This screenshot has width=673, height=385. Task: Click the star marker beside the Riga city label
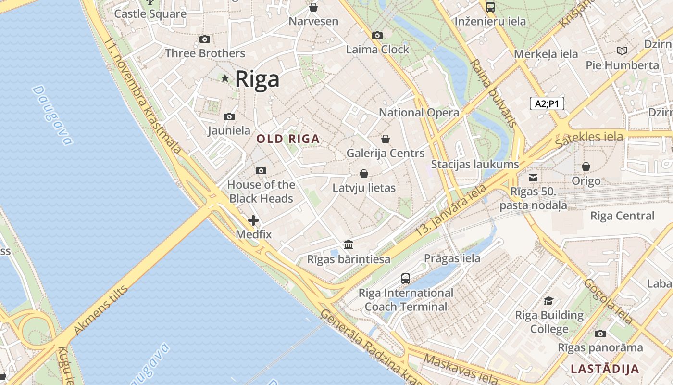(x=224, y=78)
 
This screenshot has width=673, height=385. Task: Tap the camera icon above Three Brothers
(x=205, y=39)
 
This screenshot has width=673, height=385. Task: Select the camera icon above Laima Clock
(x=377, y=35)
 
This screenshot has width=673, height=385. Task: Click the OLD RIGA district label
(x=288, y=139)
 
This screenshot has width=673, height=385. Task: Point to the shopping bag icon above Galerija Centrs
(x=386, y=139)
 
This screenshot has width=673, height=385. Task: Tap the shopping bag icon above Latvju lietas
(x=364, y=174)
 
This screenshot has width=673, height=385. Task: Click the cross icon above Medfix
(x=253, y=220)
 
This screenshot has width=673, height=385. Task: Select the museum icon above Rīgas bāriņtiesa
(x=349, y=245)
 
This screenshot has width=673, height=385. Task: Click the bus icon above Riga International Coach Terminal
(x=406, y=278)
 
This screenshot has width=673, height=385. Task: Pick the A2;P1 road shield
(x=547, y=103)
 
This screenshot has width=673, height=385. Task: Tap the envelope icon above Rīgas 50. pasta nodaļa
(x=533, y=178)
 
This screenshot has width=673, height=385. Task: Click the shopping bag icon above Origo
(x=586, y=167)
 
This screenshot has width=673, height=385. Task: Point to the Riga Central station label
(x=622, y=216)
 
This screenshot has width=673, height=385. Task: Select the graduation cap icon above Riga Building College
(x=548, y=301)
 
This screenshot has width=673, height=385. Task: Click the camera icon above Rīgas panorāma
(x=600, y=334)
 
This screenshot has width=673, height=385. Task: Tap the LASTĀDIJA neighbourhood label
(x=605, y=369)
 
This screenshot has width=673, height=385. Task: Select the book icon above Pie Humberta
(x=622, y=51)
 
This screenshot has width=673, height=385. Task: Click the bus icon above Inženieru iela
(x=490, y=7)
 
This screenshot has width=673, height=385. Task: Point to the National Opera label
(x=419, y=113)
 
